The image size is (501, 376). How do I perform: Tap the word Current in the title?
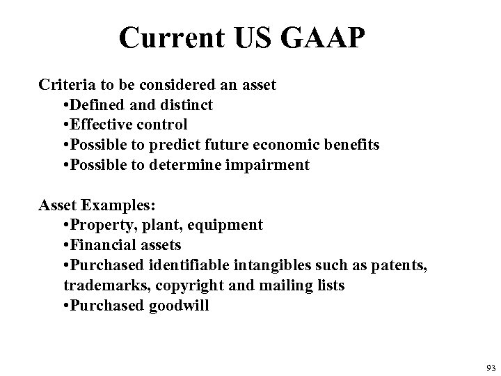click(162, 38)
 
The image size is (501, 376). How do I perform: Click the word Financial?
click(101, 245)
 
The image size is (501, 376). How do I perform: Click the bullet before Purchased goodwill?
click(66, 305)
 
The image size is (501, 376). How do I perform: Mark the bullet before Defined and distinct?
click(66, 105)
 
